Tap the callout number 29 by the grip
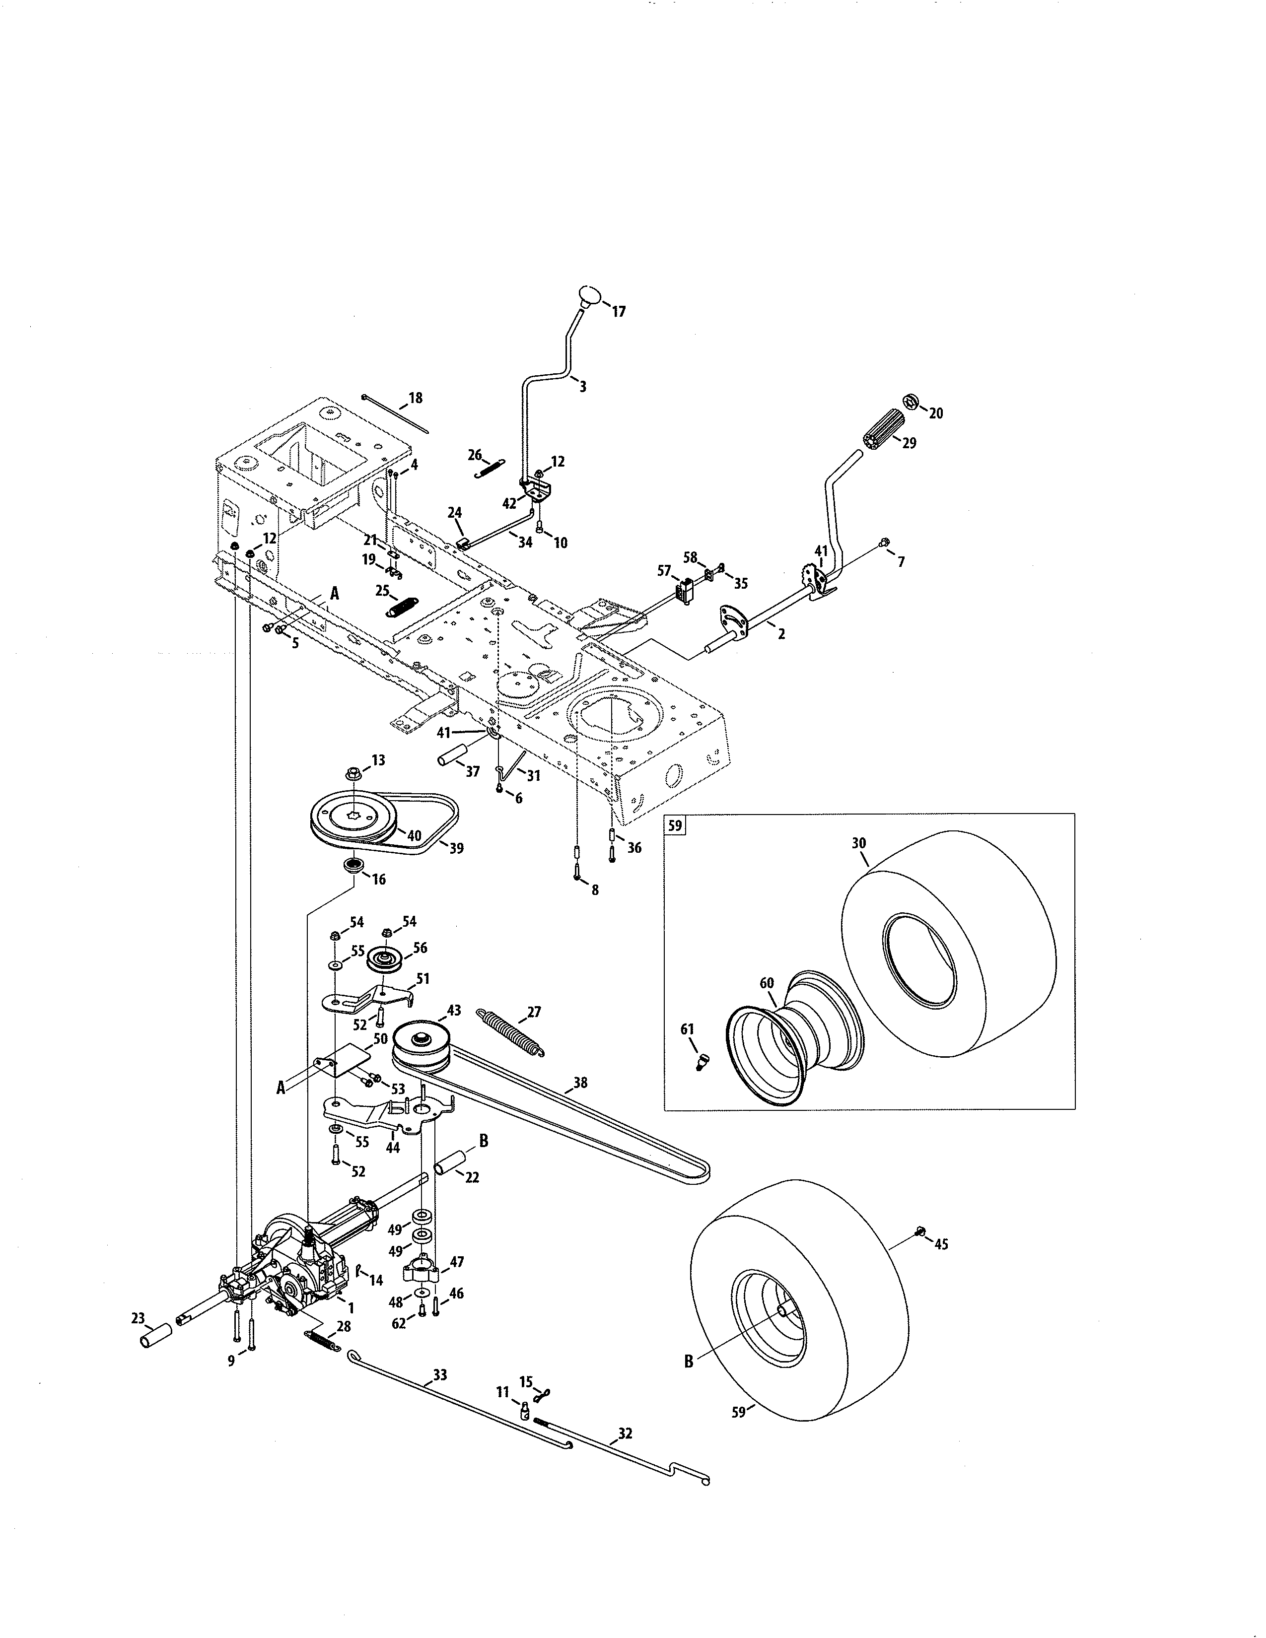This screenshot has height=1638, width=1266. pos(909,443)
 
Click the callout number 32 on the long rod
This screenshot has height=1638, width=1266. pos(625,1433)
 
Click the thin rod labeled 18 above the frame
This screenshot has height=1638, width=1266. pos(395,414)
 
